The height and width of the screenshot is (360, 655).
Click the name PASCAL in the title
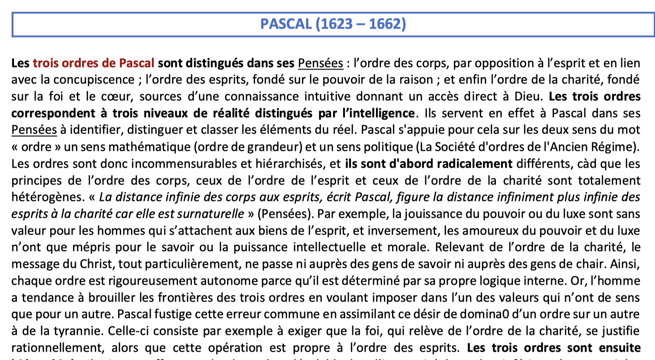click(286, 24)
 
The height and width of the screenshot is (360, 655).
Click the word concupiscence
click(94, 80)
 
